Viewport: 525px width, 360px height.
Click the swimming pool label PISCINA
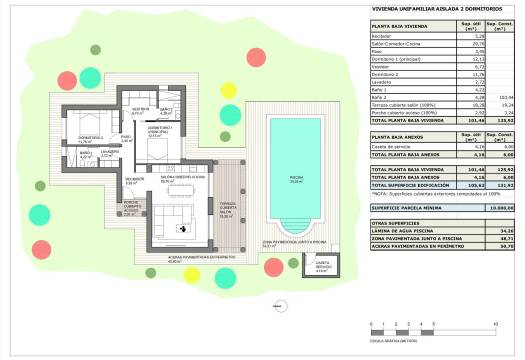tap(296, 181)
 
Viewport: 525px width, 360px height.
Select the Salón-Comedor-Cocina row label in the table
tap(393, 44)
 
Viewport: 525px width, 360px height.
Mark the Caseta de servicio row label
tap(389, 146)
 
